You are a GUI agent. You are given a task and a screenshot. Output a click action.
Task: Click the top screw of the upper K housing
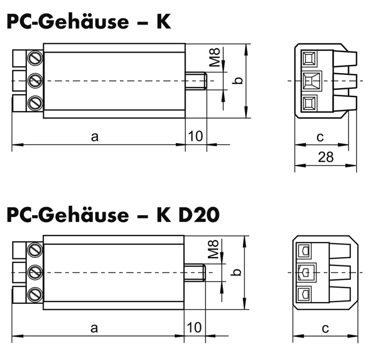(36, 58)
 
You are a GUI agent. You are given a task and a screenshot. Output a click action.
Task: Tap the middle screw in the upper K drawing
(36, 81)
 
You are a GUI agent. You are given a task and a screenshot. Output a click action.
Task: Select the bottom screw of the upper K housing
(36, 103)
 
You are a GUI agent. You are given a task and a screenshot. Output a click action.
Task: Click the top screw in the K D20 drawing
(35, 250)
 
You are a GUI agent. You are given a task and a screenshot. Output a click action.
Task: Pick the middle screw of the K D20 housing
(35, 272)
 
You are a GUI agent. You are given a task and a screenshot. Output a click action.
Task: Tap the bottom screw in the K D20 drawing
(35, 295)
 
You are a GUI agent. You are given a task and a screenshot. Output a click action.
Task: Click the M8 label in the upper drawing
(215, 57)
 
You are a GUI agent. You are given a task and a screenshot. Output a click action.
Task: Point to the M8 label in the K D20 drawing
(213, 249)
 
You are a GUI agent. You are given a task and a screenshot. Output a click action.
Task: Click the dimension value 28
(326, 157)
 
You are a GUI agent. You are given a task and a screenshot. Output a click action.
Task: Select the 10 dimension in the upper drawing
(196, 136)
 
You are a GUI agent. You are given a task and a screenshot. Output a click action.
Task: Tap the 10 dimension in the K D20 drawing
(194, 327)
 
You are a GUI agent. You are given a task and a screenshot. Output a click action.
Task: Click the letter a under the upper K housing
(95, 137)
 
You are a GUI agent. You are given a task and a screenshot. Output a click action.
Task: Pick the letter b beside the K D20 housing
(237, 272)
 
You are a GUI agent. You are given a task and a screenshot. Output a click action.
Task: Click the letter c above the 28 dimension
(320, 137)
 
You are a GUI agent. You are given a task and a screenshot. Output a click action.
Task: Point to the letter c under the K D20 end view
(325, 329)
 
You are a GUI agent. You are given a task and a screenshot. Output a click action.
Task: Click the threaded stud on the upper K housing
(196, 81)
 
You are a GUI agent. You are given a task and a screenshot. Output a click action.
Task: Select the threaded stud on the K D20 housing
(194, 272)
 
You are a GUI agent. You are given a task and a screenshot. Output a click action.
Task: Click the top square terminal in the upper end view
(309, 58)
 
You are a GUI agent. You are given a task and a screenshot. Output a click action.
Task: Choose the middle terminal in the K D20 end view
(306, 272)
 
